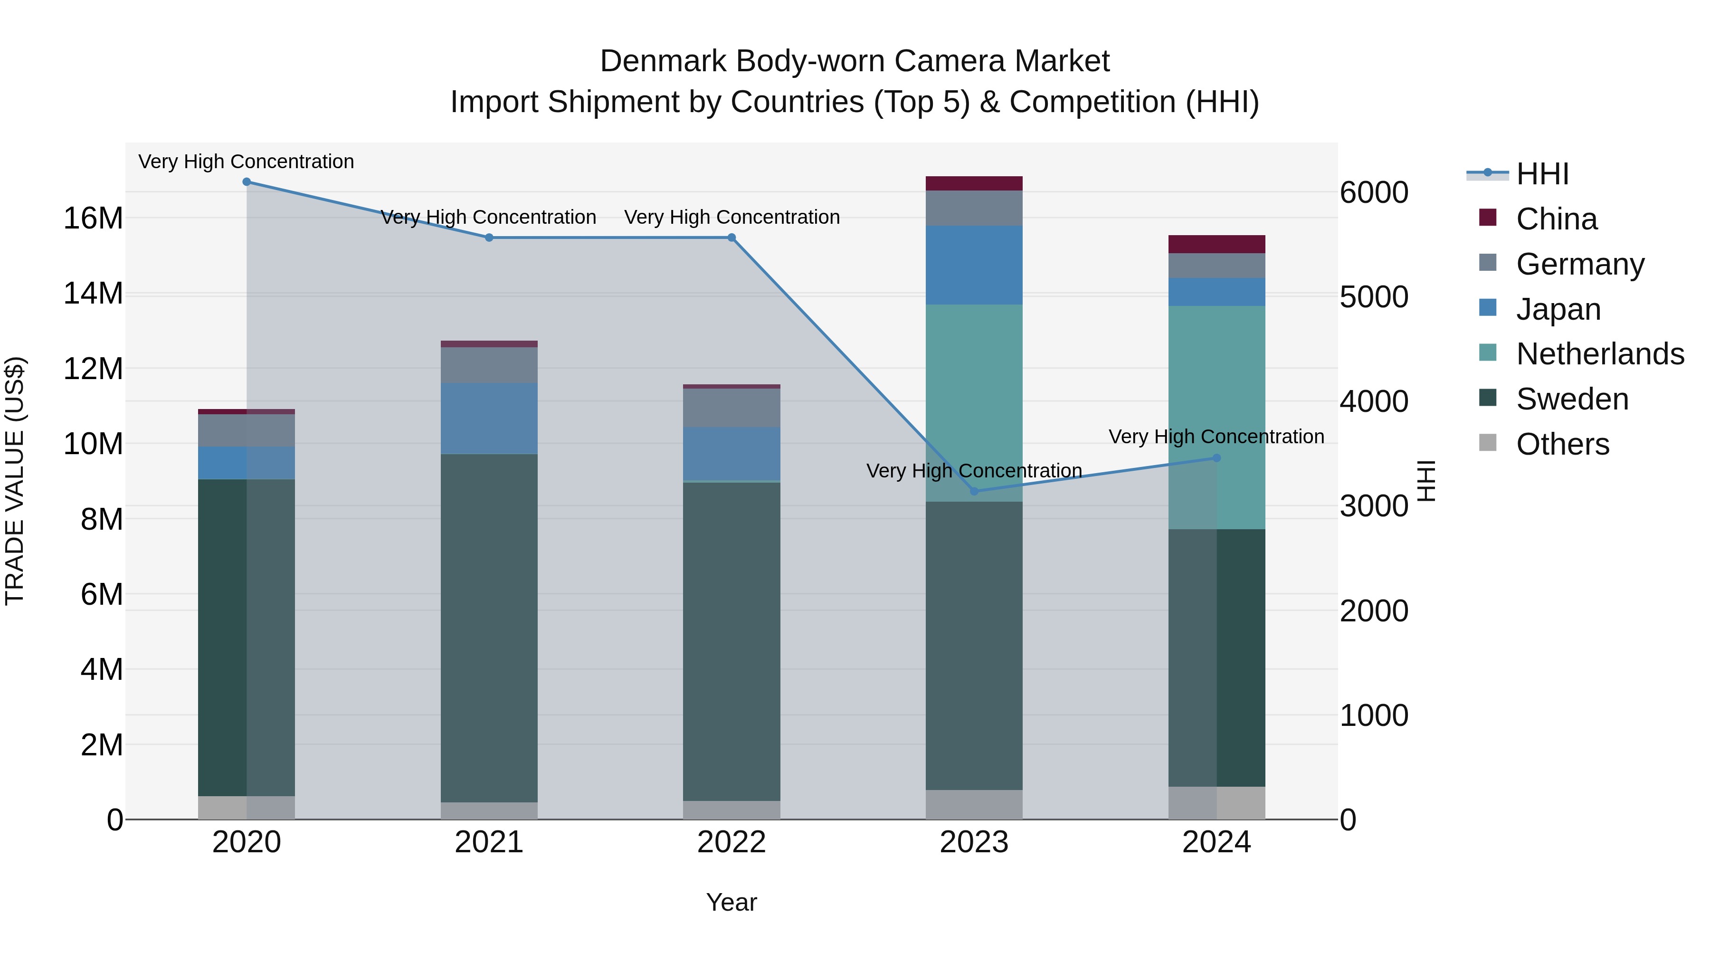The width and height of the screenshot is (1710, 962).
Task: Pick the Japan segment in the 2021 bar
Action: [489, 418]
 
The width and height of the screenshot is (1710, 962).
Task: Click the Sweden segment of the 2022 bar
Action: [731, 641]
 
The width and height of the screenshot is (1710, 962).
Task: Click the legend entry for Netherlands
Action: [1600, 354]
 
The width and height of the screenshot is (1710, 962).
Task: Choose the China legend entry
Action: [1556, 219]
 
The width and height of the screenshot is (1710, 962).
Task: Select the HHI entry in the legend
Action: [1542, 174]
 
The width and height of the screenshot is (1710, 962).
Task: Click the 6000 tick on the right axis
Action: [1373, 192]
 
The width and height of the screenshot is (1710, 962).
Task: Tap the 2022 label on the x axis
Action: [731, 842]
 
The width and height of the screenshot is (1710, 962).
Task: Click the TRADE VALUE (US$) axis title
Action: [15, 481]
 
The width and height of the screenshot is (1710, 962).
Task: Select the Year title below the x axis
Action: [731, 902]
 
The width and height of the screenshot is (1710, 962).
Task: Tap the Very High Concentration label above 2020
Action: [246, 162]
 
